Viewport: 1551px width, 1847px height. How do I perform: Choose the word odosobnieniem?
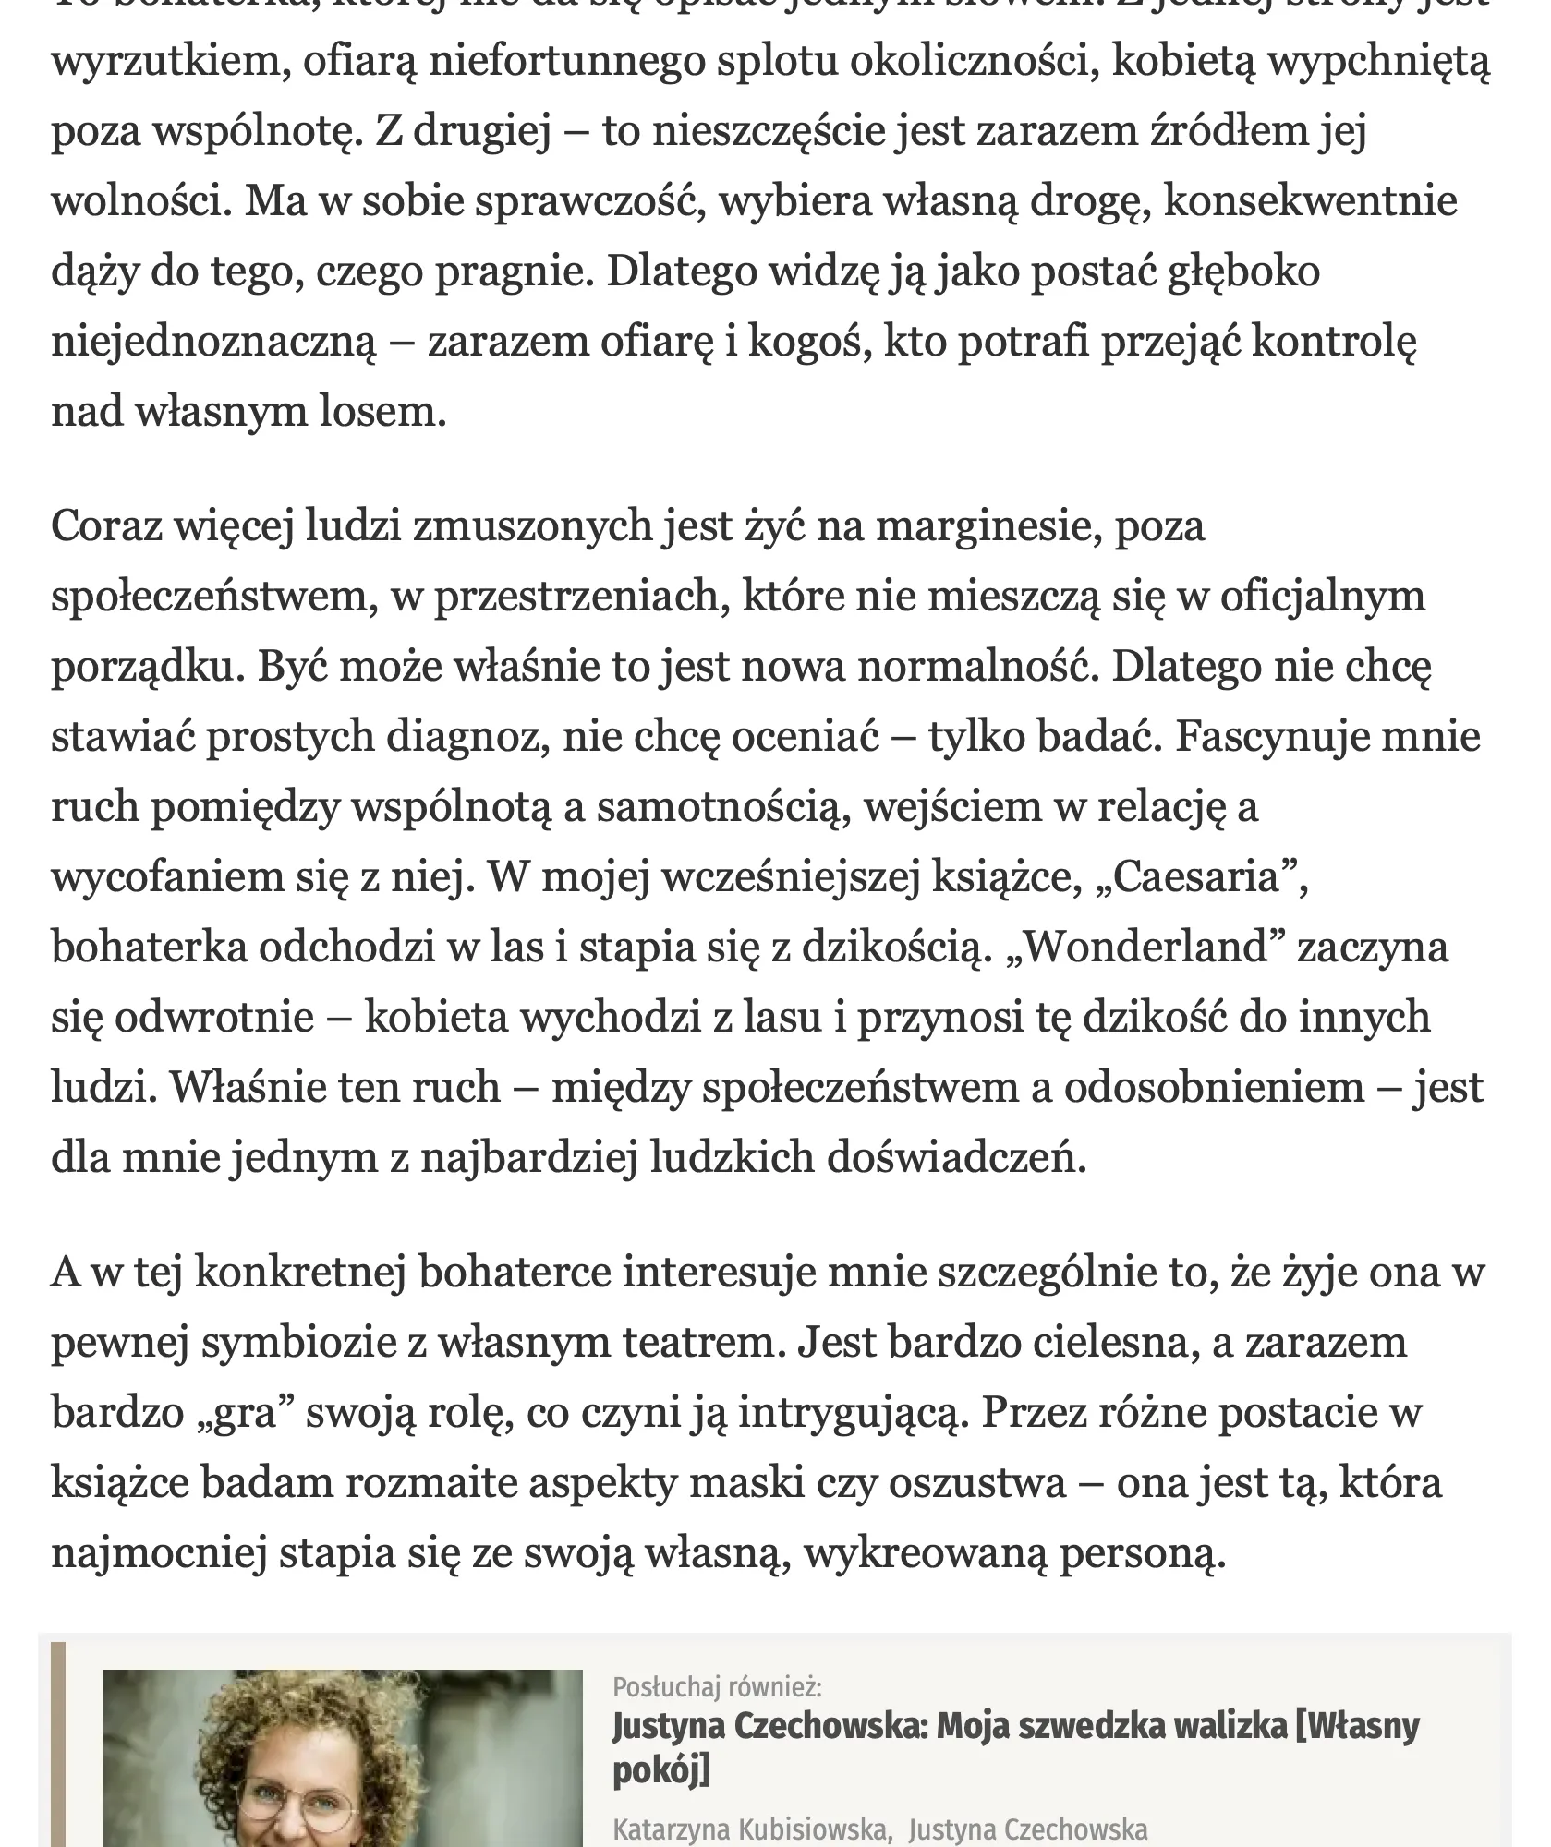point(1214,1089)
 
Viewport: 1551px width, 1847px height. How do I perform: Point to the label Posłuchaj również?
point(717,1687)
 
